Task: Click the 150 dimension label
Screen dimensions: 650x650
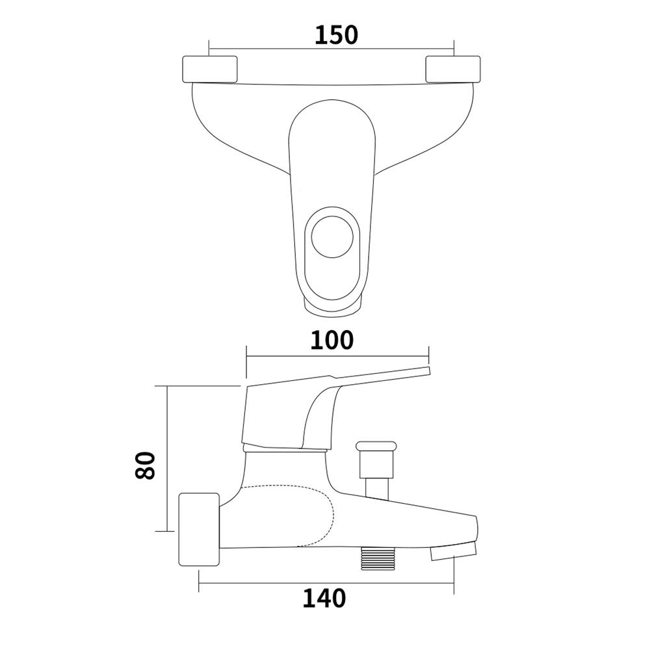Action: pos(336,35)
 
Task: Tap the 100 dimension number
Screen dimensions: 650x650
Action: pos(331,341)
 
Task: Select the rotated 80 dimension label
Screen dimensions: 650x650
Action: pos(145,465)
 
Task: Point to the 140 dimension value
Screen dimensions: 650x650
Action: pos(324,598)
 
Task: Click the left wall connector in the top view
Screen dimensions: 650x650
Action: pos(210,69)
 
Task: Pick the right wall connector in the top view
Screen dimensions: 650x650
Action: pos(453,69)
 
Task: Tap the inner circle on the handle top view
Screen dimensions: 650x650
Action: pos(332,237)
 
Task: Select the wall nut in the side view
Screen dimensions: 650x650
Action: pos(199,529)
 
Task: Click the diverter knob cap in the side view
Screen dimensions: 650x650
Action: pos(376,447)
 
